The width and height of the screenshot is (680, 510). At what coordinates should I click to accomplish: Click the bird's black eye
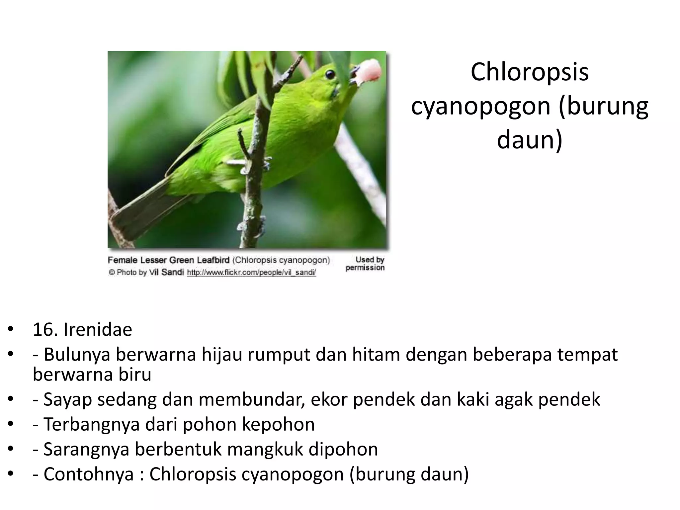click(x=330, y=74)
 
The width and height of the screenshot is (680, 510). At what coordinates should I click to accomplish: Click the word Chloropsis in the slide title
click(x=529, y=72)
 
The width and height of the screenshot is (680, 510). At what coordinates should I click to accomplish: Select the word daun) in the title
click(x=530, y=139)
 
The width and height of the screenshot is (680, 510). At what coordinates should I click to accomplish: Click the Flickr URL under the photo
click(x=251, y=273)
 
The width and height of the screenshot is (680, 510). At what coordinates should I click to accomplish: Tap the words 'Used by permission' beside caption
click(x=365, y=264)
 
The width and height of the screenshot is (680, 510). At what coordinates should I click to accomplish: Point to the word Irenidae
click(x=98, y=330)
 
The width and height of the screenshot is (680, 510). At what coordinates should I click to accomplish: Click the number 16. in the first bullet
click(x=45, y=330)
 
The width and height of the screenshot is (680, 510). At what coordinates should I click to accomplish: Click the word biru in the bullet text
click(x=136, y=375)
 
